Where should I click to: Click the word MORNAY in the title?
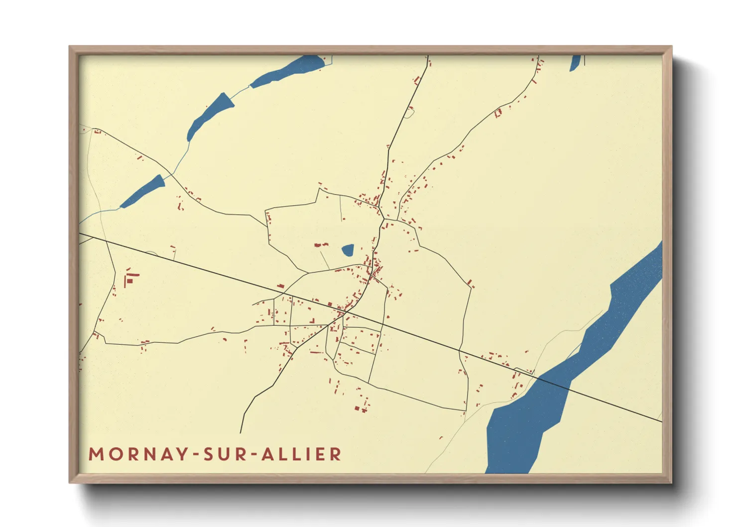[x=138, y=454]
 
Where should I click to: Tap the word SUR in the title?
[x=225, y=454]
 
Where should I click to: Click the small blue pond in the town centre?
[x=348, y=250]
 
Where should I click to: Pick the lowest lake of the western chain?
[x=143, y=191]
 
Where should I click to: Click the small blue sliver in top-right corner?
[x=575, y=63]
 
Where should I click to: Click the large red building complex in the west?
[x=130, y=277]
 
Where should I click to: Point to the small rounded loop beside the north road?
[x=409, y=112]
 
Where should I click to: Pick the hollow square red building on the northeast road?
[x=497, y=113]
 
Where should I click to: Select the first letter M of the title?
[x=96, y=454]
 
